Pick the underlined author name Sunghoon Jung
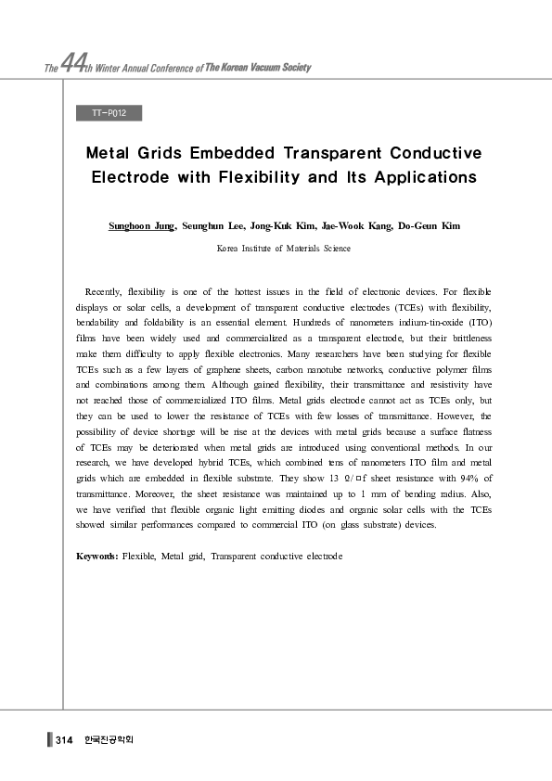(x=141, y=225)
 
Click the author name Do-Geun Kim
(x=430, y=225)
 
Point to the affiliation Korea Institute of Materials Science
(x=284, y=249)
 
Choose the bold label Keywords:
(x=96, y=556)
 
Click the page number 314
(x=64, y=739)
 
